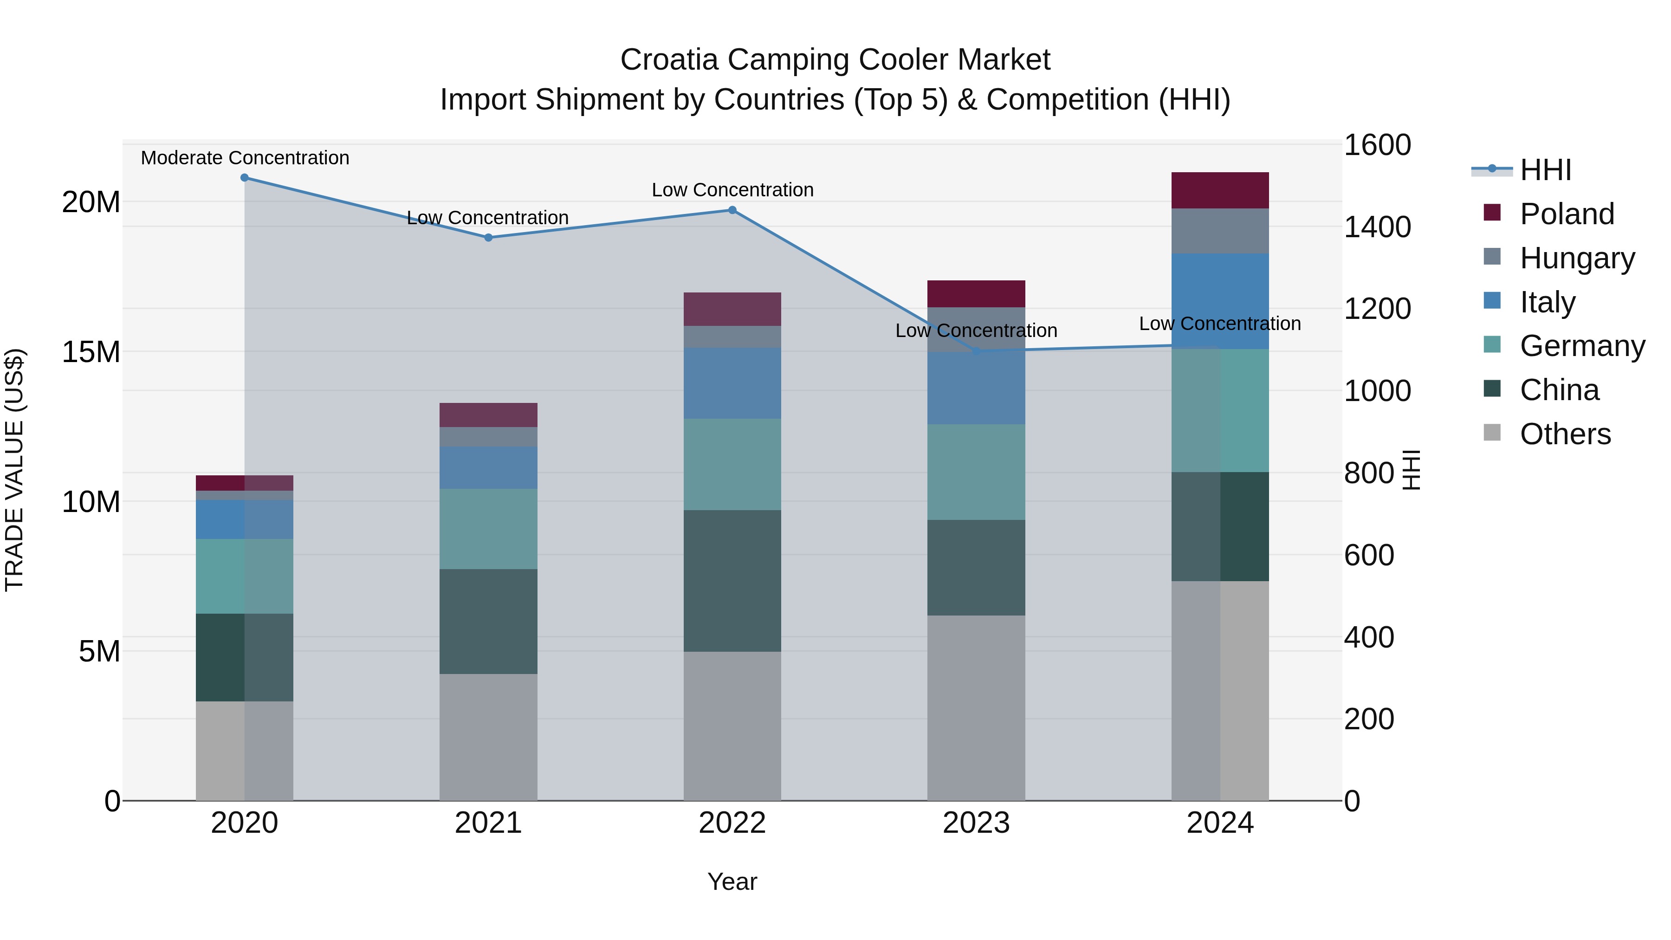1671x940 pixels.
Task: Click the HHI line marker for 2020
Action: click(x=245, y=178)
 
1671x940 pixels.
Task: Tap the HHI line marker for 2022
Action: click(x=732, y=210)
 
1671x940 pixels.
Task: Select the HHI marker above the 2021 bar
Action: click(x=488, y=237)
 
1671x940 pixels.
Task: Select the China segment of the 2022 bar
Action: click(x=732, y=581)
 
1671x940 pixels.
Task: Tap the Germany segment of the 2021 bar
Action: click(x=488, y=529)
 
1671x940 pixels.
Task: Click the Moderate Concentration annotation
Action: click(x=245, y=158)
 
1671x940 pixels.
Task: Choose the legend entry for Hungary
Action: click(x=1576, y=258)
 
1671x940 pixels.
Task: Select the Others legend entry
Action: click(x=1565, y=434)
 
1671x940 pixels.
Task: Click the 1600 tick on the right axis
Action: click(x=1377, y=145)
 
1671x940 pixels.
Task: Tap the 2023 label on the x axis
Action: click(x=976, y=823)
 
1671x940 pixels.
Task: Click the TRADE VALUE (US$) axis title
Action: click(x=14, y=470)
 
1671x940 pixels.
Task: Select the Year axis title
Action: click(x=732, y=882)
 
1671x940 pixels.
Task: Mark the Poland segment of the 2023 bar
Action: click(x=976, y=294)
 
